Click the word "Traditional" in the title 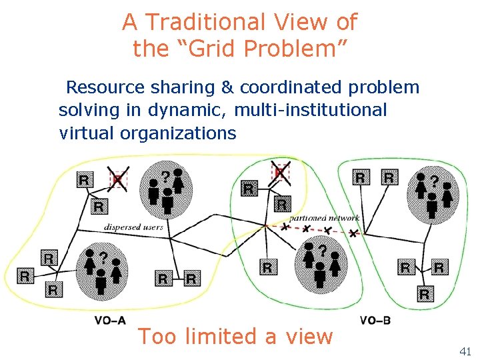click(x=199, y=23)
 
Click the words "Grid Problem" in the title click(x=261, y=49)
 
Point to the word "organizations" click(x=178, y=133)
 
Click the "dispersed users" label click(x=133, y=227)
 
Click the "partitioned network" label click(x=324, y=218)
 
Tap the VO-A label click(x=109, y=320)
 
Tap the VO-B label click(x=375, y=320)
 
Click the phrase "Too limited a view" click(x=235, y=337)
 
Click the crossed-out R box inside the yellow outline click(x=118, y=179)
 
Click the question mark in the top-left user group click(x=165, y=177)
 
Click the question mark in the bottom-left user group click(x=104, y=256)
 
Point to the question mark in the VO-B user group click(x=435, y=181)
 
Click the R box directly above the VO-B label click(x=425, y=293)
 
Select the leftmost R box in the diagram click(x=25, y=275)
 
